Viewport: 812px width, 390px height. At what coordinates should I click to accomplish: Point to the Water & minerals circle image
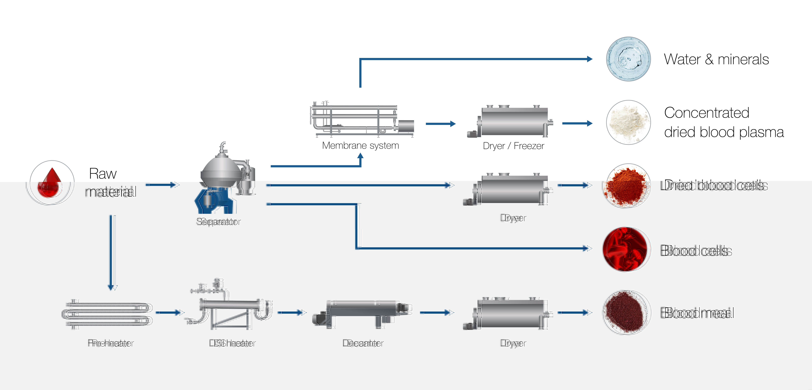[x=628, y=59]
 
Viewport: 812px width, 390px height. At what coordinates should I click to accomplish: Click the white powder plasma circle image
[x=628, y=122]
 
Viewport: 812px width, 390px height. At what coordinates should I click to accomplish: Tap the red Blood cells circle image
[x=627, y=249]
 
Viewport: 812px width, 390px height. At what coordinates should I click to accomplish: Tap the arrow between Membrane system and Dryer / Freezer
[x=440, y=124]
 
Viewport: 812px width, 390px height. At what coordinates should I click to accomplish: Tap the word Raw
[x=103, y=174]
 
